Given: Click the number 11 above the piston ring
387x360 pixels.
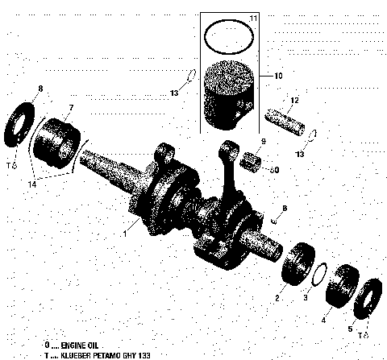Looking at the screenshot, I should tap(252, 18).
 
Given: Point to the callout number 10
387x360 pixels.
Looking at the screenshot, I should tap(277, 76).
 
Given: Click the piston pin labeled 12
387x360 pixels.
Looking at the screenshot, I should tap(287, 118).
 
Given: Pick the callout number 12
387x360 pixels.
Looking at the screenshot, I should tap(295, 100).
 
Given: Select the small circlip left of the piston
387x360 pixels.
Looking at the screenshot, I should tap(190, 78).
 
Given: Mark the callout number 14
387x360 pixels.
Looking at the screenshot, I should tap(33, 184).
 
